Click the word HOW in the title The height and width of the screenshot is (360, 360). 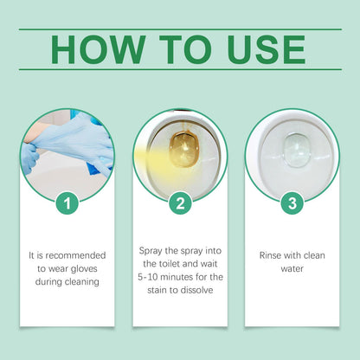click(92, 49)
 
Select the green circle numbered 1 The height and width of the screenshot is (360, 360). click(67, 204)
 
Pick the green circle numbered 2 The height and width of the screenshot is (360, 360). click(180, 204)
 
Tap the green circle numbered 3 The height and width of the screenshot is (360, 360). click(292, 204)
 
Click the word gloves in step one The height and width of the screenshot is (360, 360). click(90, 267)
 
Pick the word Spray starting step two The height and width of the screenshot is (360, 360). click(154, 251)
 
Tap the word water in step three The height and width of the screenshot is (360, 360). click(292, 268)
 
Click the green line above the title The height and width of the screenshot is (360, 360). click(179, 29)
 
